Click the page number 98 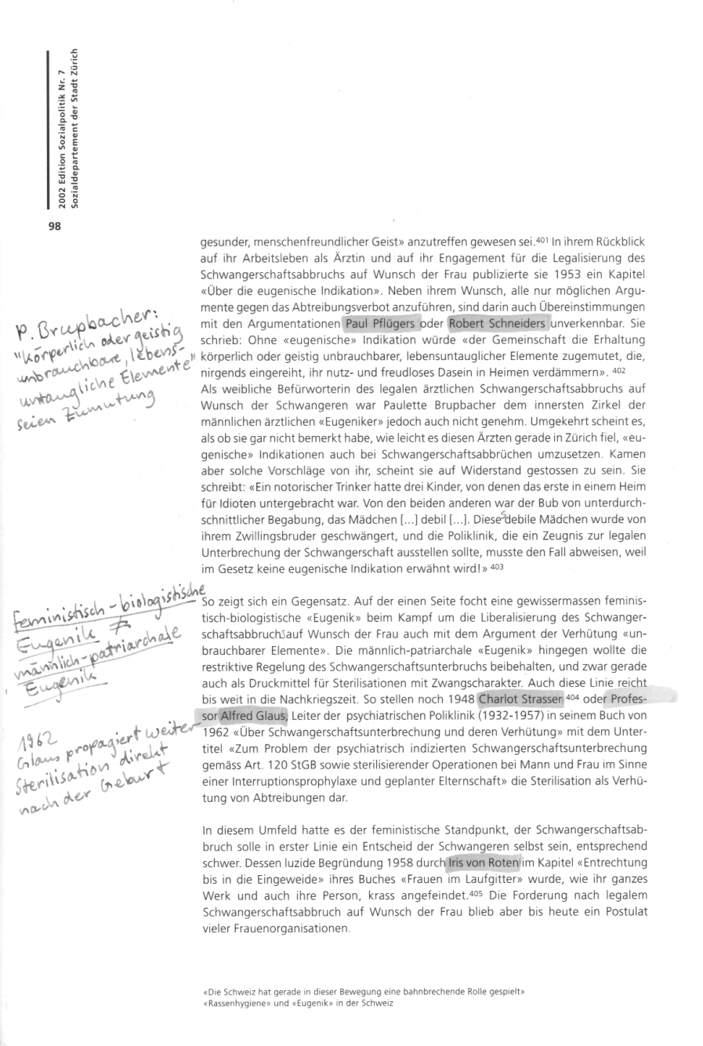[55, 227]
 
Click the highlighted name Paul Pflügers [379, 323]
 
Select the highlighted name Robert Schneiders [497, 323]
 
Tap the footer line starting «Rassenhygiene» [297, 1003]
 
